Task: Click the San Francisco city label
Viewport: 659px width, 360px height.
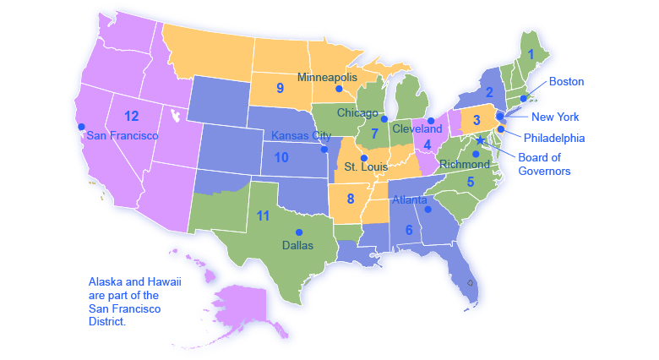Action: point(123,135)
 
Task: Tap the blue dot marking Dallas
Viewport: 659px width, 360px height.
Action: point(297,232)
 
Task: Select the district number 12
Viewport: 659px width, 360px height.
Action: point(131,115)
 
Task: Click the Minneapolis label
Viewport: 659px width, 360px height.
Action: point(327,77)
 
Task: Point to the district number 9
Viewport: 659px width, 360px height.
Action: point(279,87)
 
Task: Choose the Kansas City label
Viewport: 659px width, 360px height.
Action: point(302,135)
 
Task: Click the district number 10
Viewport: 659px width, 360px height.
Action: point(281,157)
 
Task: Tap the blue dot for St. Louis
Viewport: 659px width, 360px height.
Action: point(364,157)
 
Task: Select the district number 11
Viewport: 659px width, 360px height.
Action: point(263,215)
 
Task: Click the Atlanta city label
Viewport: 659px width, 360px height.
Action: point(411,200)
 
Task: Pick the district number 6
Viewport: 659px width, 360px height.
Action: point(409,230)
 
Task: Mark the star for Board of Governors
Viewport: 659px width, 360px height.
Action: point(481,140)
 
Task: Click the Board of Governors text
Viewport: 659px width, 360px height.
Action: point(544,164)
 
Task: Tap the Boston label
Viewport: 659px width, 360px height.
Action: point(566,82)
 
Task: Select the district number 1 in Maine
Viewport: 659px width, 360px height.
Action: point(531,53)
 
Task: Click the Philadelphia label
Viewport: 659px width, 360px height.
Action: point(554,138)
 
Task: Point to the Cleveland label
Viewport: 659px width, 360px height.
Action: point(417,129)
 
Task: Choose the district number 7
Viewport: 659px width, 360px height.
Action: point(373,134)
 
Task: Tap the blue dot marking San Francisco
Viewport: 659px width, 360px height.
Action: point(82,127)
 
